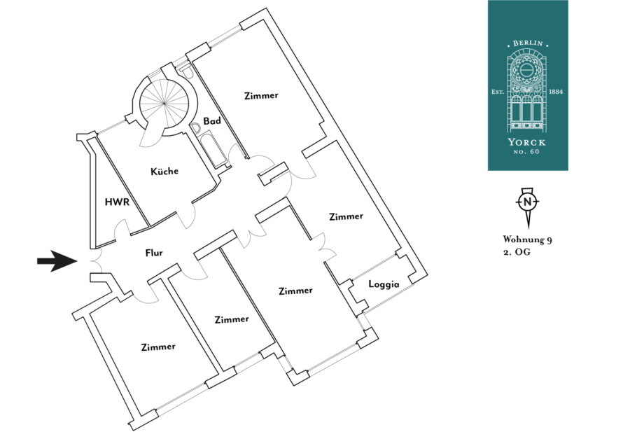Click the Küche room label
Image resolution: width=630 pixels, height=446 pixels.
(164, 171)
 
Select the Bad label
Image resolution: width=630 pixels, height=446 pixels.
(212, 121)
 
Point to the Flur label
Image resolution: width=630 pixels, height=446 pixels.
(155, 253)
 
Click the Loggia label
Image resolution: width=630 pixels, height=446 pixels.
(384, 285)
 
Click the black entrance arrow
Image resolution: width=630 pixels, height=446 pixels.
(57, 261)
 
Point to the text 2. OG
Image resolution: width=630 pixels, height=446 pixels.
(517, 253)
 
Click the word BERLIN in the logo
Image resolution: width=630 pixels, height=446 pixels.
(528, 43)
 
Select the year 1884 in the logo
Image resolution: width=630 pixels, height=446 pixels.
(556, 92)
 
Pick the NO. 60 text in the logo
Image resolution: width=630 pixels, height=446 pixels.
(528, 153)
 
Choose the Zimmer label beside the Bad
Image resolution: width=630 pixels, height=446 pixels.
(261, 95)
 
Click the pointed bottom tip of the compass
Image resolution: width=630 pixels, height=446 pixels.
(527, 227)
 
